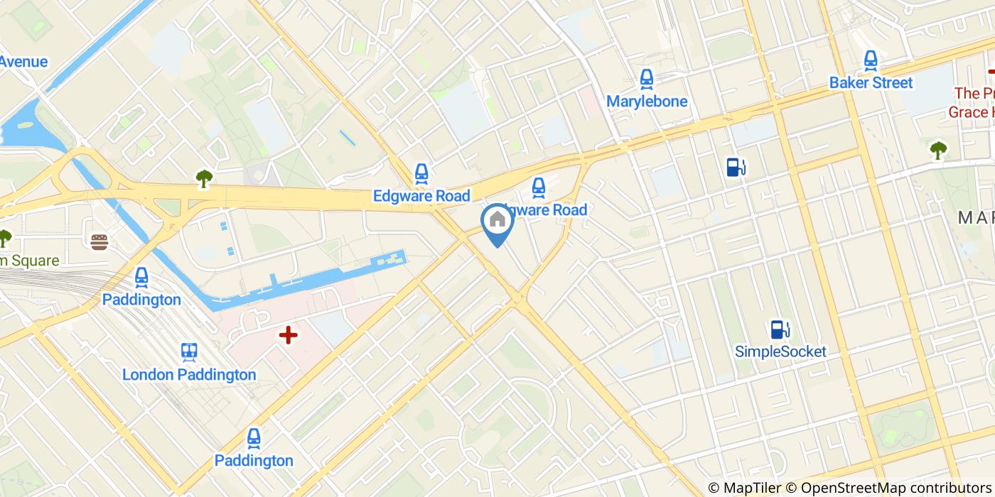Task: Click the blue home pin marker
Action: click(x=497, y=222)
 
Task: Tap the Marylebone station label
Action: click(x=647, y=102)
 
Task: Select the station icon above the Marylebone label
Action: click(x=647, y=78)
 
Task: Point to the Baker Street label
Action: click(x=871, y=83)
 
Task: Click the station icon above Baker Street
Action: click(x=871, y=60)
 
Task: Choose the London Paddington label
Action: click(x=189, y=375)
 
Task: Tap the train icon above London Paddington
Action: click(x=189, y=351)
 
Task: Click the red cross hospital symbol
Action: click(x=288, y=335)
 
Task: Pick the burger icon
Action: click(x=99, y=241)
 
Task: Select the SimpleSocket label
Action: click(x=780, y=351)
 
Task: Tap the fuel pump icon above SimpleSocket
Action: click(x=780, y=329)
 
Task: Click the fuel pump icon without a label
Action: click(x=736, y=168)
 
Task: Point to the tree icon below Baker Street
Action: click(x=938, y=150)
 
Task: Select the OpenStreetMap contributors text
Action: click(x=895, y=488)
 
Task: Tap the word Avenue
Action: click(x=23, y=62)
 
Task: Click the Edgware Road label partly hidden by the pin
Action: click(x=551, y=210)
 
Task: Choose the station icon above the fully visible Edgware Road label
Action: click(x=421, y=173)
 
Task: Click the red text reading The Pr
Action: click(x=974, y=93)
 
